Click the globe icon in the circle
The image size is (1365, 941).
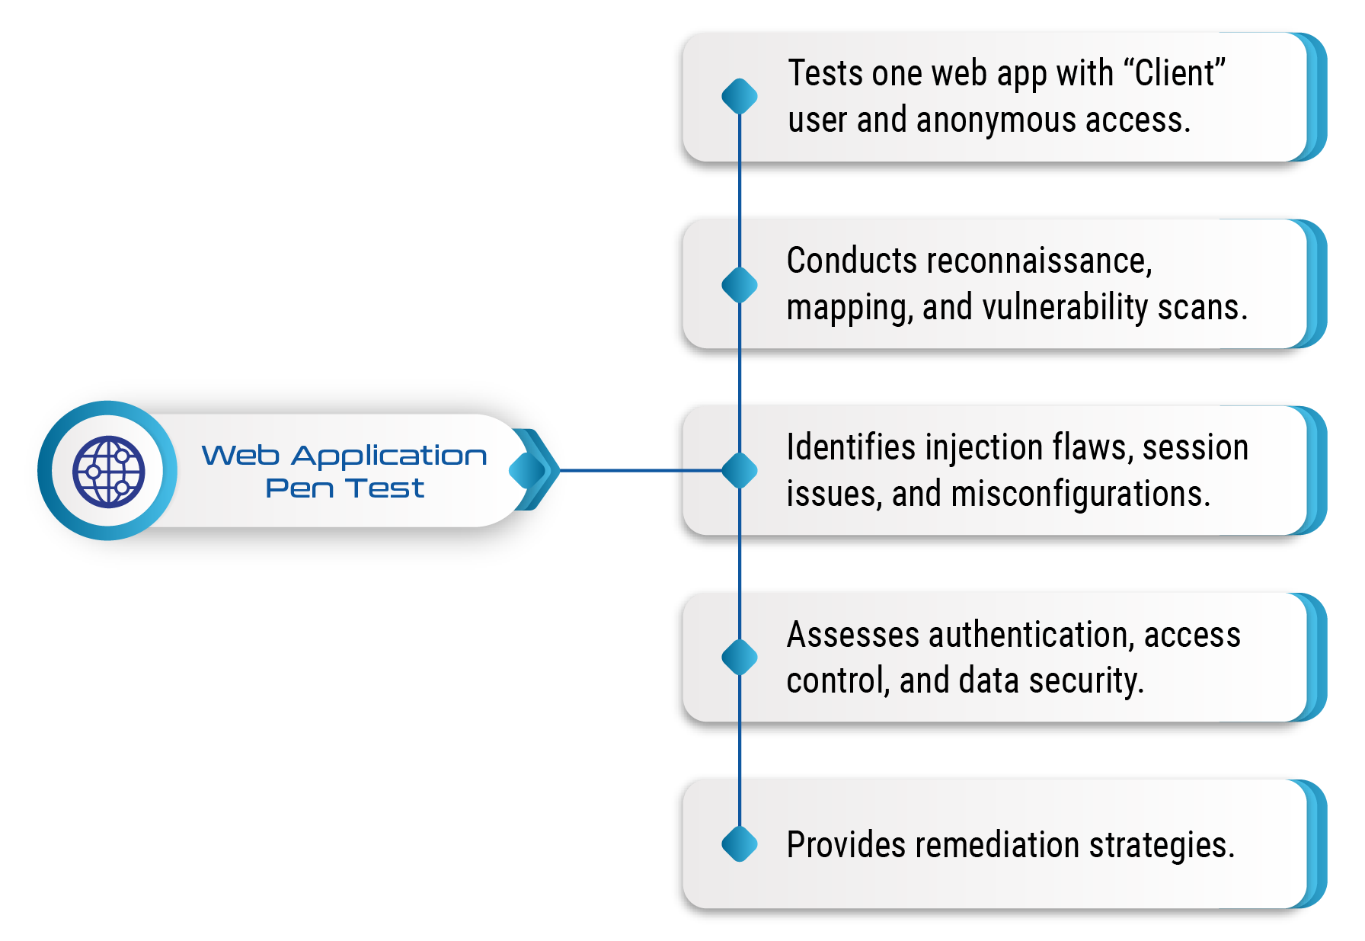[x=108, y=472]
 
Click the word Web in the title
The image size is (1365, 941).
[x=240, y=456]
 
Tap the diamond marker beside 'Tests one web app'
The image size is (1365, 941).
[x=739, y=97]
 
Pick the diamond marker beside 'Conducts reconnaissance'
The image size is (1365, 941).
[x=739, y=284]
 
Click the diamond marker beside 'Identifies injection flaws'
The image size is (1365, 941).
[x=739, y=470]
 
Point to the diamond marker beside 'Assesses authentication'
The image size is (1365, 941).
[x=739, y=657]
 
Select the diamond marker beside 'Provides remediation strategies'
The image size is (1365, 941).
[x=739, y=843]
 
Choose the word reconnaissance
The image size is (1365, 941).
[x=1041, y=261]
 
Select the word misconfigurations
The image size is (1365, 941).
[x=1080, y=494]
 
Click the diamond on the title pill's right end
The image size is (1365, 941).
[x=527, y=470]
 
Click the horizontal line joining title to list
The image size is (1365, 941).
[x=640, y=470]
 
